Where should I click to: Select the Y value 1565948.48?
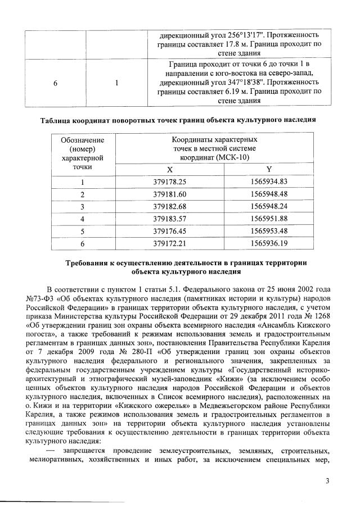[x=268, y=194]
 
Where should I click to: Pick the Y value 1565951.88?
[x=268, y=218]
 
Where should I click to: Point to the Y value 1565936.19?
[x=268, y=243]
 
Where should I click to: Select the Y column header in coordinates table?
[x=268, y=169]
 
